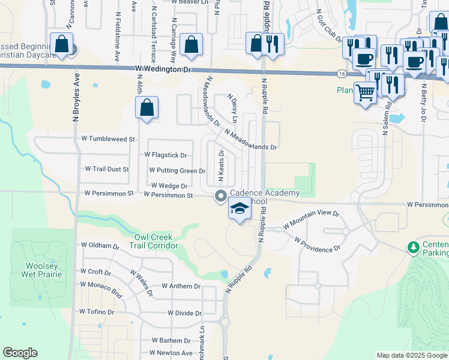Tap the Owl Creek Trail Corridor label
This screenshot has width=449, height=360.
(155, 241)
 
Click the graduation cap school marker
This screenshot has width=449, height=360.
(240, 209)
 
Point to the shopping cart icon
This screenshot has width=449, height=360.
(365, 92)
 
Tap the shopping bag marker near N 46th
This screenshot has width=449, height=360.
(147, 108)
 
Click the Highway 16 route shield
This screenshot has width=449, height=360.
(341, 73)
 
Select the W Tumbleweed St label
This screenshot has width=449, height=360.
(106, 139)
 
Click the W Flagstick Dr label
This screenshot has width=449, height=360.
(170, 155)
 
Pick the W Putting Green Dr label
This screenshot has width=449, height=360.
(177, 171)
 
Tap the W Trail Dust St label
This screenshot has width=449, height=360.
(107, 169)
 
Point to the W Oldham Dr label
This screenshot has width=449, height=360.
(100, 245)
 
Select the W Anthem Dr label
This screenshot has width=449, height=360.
(181, 287)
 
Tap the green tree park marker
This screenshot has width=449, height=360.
(413, 247)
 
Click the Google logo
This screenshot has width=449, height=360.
(20, 353)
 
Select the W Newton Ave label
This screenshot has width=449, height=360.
(172, 353)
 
